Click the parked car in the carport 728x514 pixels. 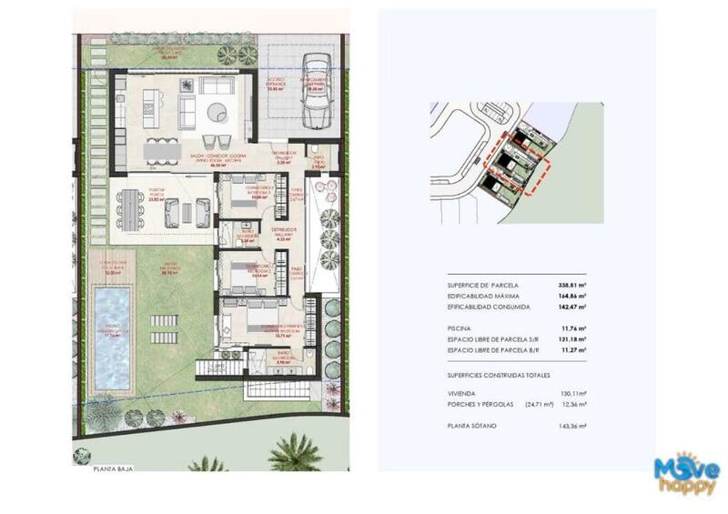click(315, 91)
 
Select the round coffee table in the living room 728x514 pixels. click(218, 111)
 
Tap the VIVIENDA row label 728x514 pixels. click(462, 394)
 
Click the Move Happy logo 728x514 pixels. click(687, 474)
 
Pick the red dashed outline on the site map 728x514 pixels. click(515, 163)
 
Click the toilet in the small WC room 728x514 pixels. click(314, 152)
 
